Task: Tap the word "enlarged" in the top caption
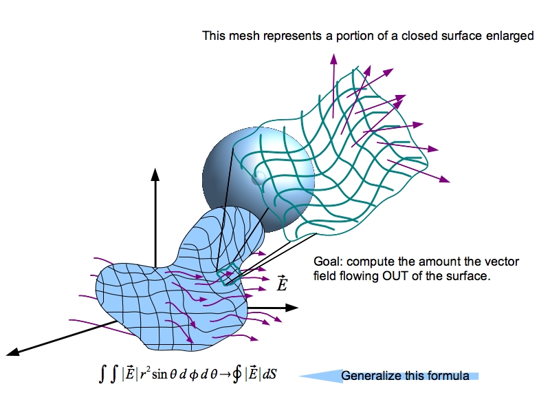click(x=511, y=36)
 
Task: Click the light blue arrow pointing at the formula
click(x=323, y=376)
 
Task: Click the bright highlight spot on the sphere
click(x=257, y=180)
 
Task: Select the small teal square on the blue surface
click(x=228, y=273)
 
